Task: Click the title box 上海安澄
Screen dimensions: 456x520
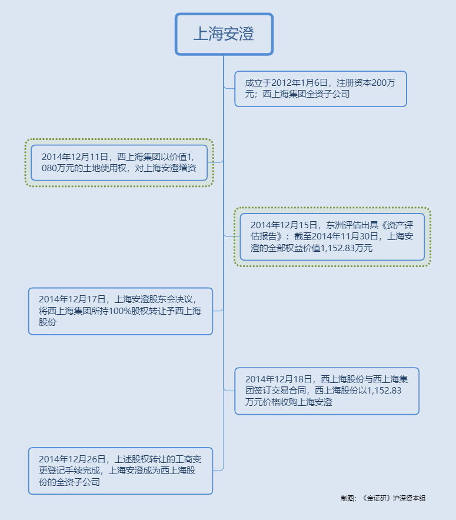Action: (x=224, y=34)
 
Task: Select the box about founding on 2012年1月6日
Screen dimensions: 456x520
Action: (x=320, y=89)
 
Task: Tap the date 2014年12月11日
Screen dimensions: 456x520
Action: (x=75, y=157)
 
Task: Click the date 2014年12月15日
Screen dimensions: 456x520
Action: (x=284, y=225)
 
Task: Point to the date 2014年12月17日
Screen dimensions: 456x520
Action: (x=72, y=299)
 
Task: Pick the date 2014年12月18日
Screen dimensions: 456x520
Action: (x=279, y=379)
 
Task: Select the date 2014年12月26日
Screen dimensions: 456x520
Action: (x=72, y=459)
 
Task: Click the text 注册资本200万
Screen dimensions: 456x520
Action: (x=366, y=83)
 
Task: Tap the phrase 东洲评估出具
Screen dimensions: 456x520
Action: (x=352, y=225)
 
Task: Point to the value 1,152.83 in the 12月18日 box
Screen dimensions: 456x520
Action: (x=384, y=391)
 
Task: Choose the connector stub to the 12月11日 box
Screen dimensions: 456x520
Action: (x=215, y=162)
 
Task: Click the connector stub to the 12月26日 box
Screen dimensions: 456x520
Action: (x=218, y=470)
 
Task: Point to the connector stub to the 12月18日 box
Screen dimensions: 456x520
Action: (x=229, y=391)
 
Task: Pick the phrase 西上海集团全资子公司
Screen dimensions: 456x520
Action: (x=306, y=94)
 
